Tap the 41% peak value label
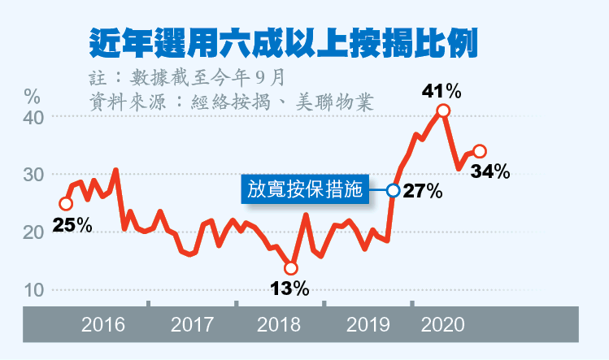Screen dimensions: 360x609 (x=442, y=89)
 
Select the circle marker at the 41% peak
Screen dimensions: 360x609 (x=443, y=111)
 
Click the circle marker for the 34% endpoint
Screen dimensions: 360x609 (x=480, y=151)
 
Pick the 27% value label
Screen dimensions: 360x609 (x=423, y=192)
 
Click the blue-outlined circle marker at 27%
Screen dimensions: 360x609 (x=394, y=190)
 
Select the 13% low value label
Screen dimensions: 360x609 (x=289, y=288)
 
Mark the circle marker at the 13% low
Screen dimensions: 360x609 (x=291, y=268)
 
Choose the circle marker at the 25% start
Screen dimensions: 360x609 (x=66, y=203)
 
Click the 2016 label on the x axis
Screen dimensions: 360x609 (x=103, y=326)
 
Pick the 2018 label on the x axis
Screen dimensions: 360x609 (x=279, y=326)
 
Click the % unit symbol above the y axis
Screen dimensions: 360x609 (x=32, y=93)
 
